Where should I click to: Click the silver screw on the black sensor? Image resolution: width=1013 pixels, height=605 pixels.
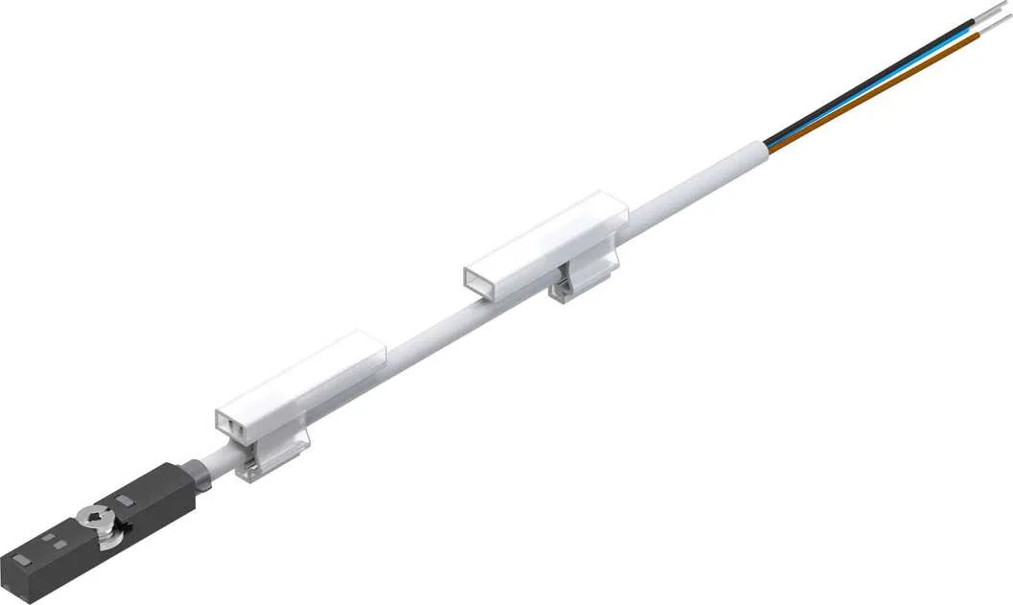pyautogui.click(x=94, y=521)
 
